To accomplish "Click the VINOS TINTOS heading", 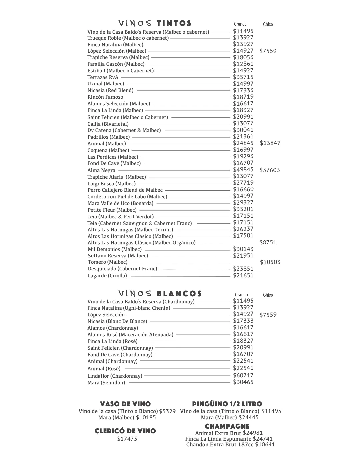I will (x=155, y=23).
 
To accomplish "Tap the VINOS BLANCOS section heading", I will (x=160, y=294).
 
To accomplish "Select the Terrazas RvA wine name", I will (x=103, y=77).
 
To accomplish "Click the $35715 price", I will (x=243, y=77).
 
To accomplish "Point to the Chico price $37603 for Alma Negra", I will (x=270, y=170).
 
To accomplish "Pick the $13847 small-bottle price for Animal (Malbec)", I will (x=270, y=143).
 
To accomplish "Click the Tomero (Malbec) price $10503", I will (x=270, y=262).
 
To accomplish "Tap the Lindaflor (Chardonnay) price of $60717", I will (x=243, y=375).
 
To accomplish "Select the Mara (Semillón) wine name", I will (x=106, y=383).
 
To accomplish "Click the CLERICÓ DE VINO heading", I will (x=125, y=431).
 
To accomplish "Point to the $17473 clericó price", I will (x=127, y=439).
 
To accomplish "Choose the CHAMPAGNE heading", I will (x=227, y=426).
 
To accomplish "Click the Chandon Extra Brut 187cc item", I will (x=230, y=444).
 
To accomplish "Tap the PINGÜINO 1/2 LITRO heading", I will (x=227, y=404).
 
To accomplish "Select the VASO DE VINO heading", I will (x=125, y=404).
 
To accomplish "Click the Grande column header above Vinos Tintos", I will (x=240, y=24).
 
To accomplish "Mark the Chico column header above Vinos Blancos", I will (x=268, y=295).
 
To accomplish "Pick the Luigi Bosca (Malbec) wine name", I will (x=111, y=184).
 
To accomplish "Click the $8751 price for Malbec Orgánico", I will (x=268, y=242).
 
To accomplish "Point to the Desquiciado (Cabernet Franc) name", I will (x=122, y=269).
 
